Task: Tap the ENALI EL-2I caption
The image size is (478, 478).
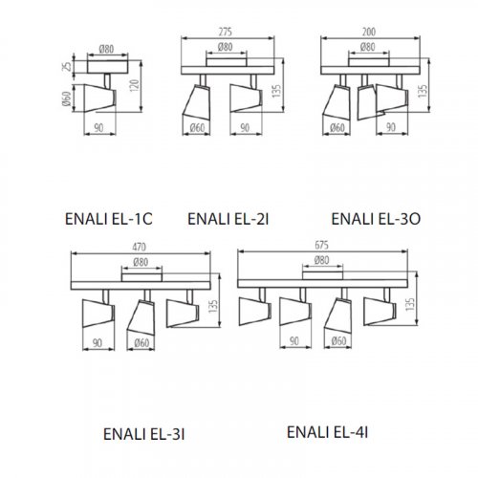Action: coord(228,219)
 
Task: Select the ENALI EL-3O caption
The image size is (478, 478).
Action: coord(376,219)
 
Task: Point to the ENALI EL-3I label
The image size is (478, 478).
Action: coord(143,433)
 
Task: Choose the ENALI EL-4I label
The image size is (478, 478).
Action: coord(328,430)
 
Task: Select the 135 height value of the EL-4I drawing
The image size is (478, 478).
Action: coord(413,307)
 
